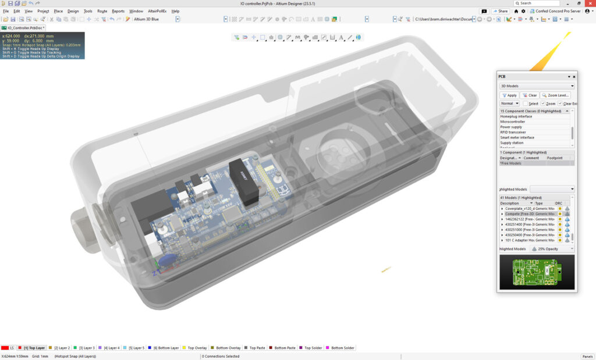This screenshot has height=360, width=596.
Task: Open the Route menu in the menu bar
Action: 102,11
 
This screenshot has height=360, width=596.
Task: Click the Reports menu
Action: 118,11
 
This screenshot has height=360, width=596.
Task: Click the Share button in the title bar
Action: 501,11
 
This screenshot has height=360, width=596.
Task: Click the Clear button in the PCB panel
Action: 530,95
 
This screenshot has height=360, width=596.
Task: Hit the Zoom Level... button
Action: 556,95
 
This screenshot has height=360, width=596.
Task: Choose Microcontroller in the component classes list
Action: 513,122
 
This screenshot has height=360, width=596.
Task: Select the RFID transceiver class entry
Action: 513,132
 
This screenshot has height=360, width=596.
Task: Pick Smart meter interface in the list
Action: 517,137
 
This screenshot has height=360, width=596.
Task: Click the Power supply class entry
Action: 512,127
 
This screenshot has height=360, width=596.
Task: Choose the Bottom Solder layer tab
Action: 342,348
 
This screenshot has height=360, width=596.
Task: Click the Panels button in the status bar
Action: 587,356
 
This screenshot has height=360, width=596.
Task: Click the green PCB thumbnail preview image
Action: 536,272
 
